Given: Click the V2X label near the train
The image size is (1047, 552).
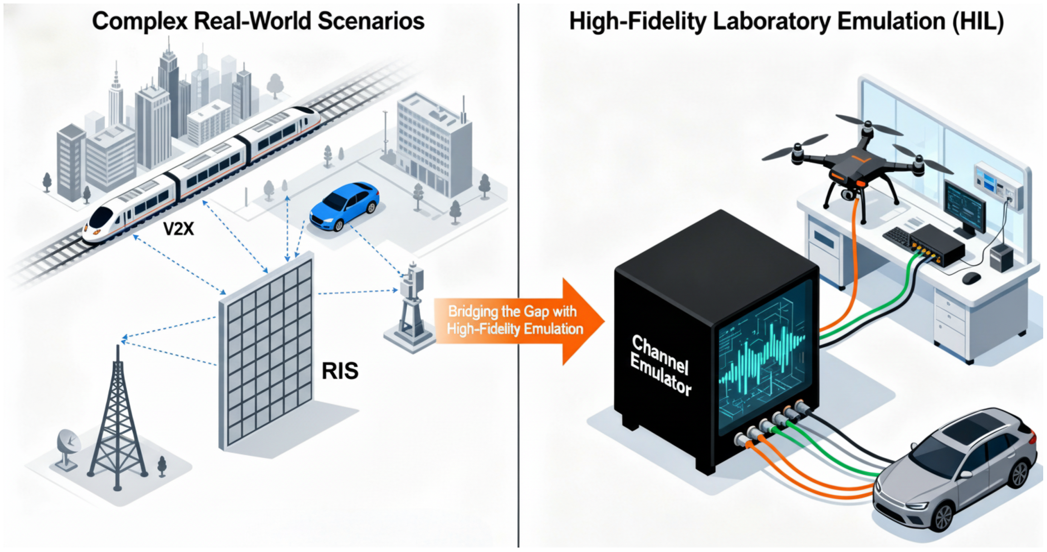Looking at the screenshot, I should click(x=178, y=229).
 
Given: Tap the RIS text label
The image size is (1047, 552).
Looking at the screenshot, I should click(x=340, y=371).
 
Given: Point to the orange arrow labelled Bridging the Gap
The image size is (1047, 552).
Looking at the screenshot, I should click(x=516, y=321).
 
